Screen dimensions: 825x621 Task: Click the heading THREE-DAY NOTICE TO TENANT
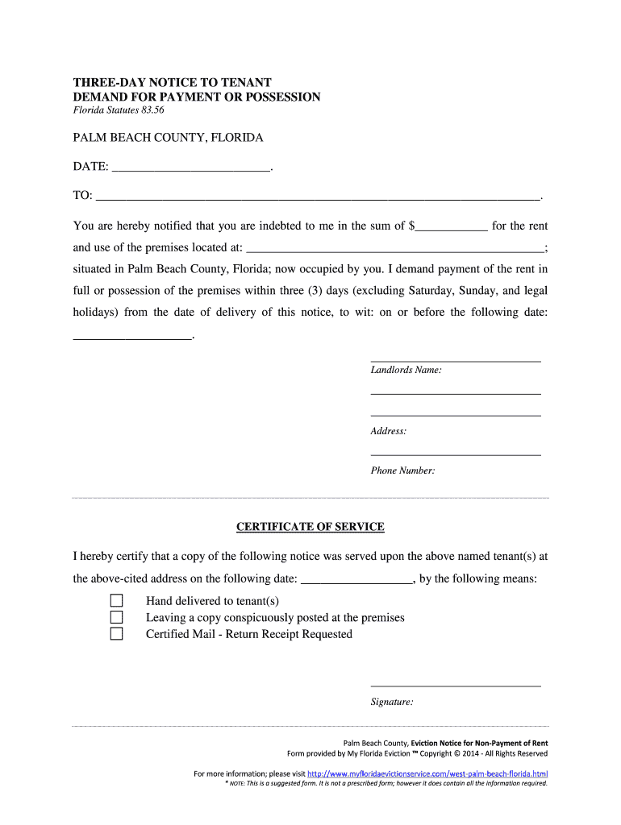point(173,82)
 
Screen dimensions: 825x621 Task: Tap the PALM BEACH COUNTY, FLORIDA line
point(168,138)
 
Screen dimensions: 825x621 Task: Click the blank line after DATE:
point(190,168)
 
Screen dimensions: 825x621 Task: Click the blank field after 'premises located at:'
point(394,249)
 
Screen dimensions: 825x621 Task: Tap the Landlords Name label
point(406,370)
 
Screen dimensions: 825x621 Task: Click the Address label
point(388,431)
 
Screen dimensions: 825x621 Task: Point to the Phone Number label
point(402,471)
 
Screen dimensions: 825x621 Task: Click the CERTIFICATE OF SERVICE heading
point(310,527)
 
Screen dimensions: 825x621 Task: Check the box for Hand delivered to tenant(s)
point(117,601)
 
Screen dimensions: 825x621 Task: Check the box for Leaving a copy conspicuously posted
point(117,618)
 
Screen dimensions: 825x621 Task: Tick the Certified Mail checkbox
point(117,634)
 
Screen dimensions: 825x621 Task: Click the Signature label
point(392,702)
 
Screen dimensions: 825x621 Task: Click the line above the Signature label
point(455,686)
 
